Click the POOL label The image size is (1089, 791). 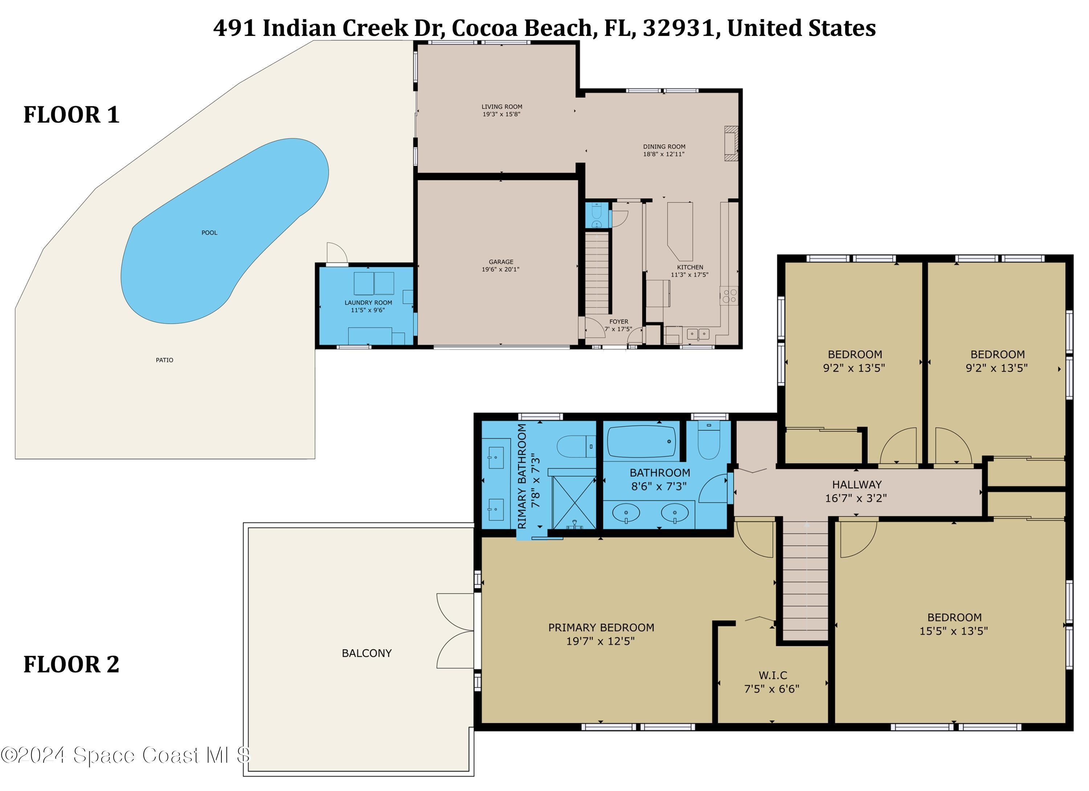coord(209,232)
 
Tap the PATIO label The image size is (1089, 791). coord(165,360)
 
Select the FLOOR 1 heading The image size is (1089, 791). coord(72,115)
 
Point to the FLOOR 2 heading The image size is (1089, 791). coord(72,664)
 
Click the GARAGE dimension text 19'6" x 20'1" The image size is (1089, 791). coord(501,269)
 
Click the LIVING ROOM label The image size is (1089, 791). coord(502,107)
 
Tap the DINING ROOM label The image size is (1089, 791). coord(664,146)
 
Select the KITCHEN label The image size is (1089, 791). coord(690,267)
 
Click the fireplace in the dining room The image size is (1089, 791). coord(731,143)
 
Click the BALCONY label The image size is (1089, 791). coord(367,653)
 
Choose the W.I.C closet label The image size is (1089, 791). coord(772,675)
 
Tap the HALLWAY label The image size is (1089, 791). coord(857,485)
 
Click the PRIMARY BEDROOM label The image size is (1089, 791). coord(601,627)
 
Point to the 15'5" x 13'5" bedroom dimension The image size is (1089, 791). coord(954,631)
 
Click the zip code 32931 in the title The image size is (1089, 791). coord(678,28)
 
